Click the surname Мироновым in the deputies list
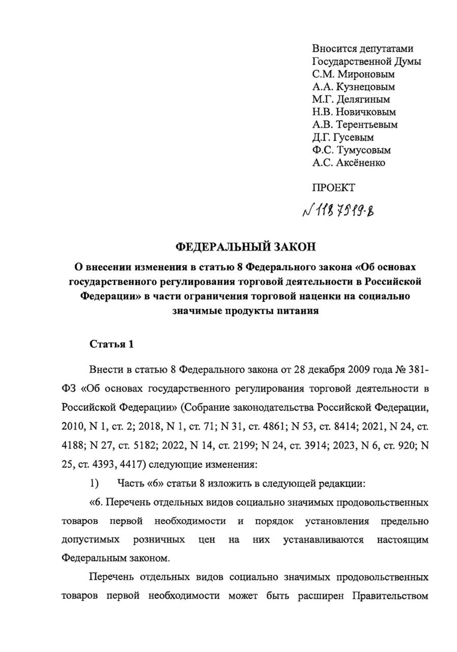tap(365, 74)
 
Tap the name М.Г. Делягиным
tap(351, 100)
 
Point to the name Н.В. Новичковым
tap(354, 112)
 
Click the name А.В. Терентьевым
tap(355, 125)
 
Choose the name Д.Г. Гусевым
tap(343, 138)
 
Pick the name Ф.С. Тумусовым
tap(352, 150)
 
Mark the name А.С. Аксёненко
tap(349, 163)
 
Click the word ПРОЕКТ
tap(333, 188)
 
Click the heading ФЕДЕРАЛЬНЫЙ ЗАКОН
tap(246, 248)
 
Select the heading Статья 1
tap(111, 344)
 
